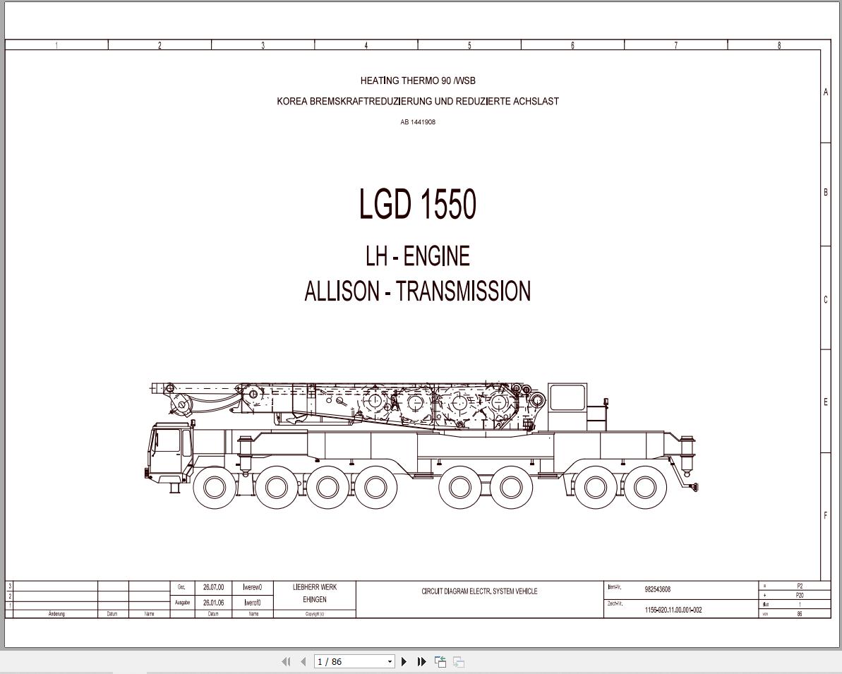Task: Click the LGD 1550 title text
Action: tap(418, 205)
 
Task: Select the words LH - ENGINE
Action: tap(418, 256)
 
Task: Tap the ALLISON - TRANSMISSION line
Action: tap(418, 291)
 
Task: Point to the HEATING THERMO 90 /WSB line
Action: tap(418, 80)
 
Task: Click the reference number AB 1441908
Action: tap(418, 122)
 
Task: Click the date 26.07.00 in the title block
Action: tap(213, 587)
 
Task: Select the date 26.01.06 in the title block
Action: tap(213, 603)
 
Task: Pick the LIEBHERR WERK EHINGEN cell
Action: tap(315, 594)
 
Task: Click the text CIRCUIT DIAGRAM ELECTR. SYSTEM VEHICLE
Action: tap(479, 591)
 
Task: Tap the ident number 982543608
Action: tap(657, 589)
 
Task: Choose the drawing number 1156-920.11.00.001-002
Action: tap(673, 610)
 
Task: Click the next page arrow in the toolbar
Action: tap(404, 661)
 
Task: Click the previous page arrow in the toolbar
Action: tap(303, 661)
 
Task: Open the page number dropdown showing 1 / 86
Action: tap(390, 661)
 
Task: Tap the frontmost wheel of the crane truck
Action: tap(215, 487)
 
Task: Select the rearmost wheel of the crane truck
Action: tap(645, 487)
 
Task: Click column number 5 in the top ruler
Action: tap(469, 45)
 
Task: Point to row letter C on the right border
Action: tap(826, 299)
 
